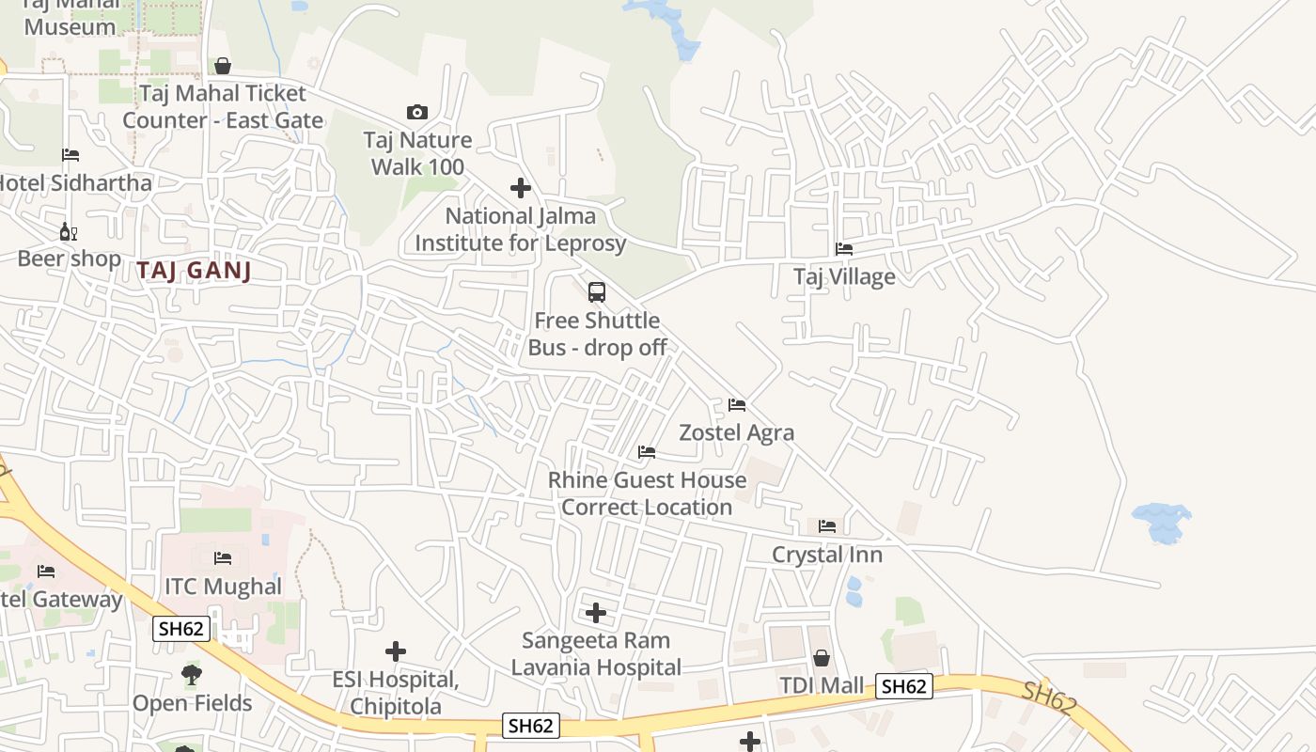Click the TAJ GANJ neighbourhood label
194,271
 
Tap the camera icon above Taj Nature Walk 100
416,113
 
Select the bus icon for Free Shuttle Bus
597,292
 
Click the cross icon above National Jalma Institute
521,188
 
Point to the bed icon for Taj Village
844,249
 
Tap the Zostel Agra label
736,432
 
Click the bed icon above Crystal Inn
827,525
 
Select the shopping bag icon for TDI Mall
822,658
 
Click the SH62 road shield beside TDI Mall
904,686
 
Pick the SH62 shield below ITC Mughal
181,629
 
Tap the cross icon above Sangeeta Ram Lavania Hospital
596,614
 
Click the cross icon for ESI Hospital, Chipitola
396,651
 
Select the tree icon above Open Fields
192,674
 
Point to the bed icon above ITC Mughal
223,558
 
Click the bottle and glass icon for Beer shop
69,231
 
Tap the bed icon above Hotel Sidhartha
70,155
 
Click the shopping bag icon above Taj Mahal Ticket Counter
223,66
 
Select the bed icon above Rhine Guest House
647,452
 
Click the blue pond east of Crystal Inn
1163,522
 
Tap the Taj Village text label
844,276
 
